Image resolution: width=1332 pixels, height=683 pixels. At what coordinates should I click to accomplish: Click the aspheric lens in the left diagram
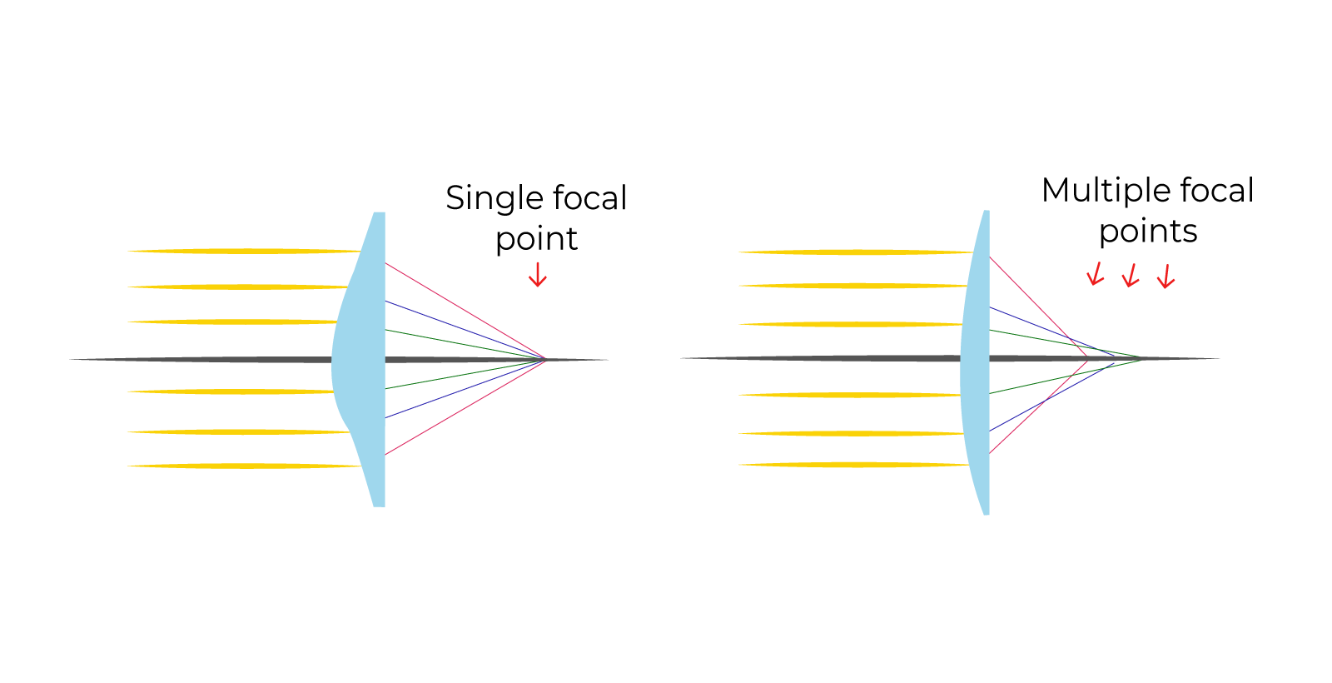pyautogui.click(x=362, y=358)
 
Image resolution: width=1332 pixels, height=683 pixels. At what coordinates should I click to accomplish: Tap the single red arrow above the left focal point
pyautogui.click(x=538, y=275)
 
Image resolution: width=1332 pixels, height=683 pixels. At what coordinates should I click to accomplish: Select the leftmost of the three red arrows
pyautogui.click(x=1096, y=274)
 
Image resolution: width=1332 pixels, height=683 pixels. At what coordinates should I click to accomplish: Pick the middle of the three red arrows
pyautogui.click(x=1130, y=276)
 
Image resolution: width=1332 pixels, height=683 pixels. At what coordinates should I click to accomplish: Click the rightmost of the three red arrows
pyautogui.click(x=1165, y=277)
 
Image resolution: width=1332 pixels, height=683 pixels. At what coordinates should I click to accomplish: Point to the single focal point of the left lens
pyautogui.click(x=546, y=359)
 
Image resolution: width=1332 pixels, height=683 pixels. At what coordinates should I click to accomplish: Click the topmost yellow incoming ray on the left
pyautogui.click(x=241, y=251)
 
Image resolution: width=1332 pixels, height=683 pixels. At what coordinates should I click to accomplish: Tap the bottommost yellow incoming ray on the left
pyautogui.click(x=241, y=466)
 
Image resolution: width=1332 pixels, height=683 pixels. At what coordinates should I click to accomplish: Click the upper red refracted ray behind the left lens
pyautogui.click(x=466, y=312)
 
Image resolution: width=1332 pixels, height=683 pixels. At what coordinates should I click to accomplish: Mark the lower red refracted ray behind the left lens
pyautogui.click(x=466, y=406)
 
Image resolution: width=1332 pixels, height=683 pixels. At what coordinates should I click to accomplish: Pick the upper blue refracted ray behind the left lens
pyautogui.click(x=466, y=331)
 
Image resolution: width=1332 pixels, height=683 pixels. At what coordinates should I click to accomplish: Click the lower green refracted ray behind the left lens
pyautogui.click(x=466, y=373)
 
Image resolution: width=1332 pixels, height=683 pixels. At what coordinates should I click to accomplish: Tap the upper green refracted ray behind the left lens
pyautogui.click(x=466, y=345)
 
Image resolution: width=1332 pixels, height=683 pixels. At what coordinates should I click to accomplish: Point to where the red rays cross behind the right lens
pyautogui.click(x=1087, y=357)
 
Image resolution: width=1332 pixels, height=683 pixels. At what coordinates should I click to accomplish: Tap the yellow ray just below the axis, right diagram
pyautogui.click(x=849, y=395)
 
